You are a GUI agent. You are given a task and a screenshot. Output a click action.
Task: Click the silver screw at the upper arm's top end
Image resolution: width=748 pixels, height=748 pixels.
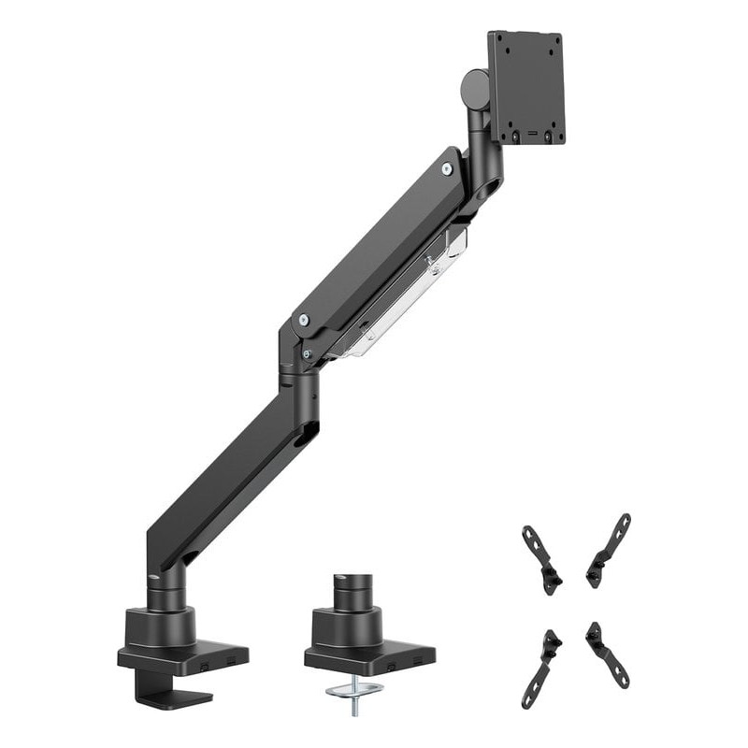447,169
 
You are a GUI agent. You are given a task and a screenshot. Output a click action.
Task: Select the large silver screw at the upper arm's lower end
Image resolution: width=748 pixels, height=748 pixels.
302,320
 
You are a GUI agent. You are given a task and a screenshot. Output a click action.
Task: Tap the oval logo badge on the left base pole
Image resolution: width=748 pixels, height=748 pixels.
154,577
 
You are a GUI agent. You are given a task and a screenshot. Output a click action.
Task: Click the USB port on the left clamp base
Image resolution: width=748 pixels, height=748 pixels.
204,663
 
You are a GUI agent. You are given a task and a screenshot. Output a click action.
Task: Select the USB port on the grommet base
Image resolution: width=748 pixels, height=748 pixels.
392,663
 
